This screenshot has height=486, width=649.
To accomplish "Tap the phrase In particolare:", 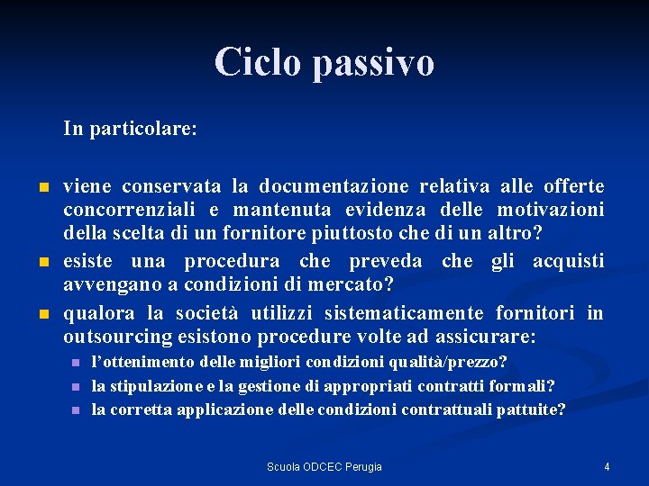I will coord(130,129).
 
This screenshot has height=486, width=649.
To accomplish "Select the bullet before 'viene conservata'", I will coord(43,188).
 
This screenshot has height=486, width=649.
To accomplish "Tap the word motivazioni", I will coord(550,210).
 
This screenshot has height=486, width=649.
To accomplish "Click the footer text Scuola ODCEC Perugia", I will coord(324,466).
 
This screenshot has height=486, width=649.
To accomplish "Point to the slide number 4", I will coord(607,466).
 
